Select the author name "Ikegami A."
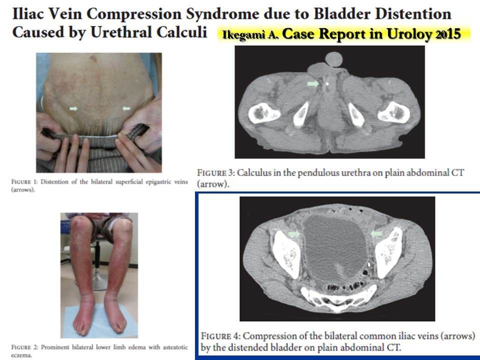coord(250,35)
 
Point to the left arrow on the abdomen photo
coord(73,108)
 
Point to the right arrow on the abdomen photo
coord(126,108)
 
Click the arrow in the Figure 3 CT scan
coord(313,83)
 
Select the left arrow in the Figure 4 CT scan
coord(294,234)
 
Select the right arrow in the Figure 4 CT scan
coord(376,234)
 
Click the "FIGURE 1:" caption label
coord(24,182)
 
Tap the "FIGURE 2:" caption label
coord(25,347)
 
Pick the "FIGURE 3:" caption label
coord(216,173)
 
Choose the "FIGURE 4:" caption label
coord(220,336)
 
